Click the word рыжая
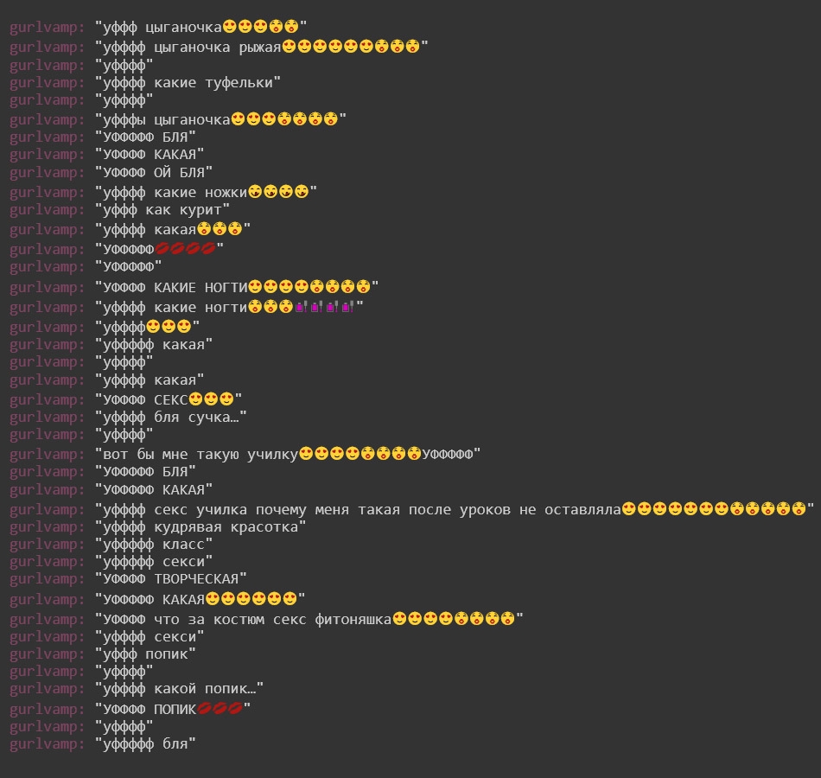click(x=260, y=48)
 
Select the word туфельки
click(x=239, y=83)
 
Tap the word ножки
click(x=226, y=192)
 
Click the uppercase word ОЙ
click(x=162, y=172)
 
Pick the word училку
click(x=273, y=454)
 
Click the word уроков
click(x=485, y=510)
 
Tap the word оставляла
click(x=582, y=510)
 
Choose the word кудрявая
click(x=188, y=527)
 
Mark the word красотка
click(x=264, y=527)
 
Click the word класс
click(x=184, y=545)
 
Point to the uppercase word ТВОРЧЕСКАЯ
click(x=196, y=579)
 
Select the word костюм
click(x=239, y=620)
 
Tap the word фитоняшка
click(x=353, y=620)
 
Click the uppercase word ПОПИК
click(x=175, y=710)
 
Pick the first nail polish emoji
click(x=301, y=307)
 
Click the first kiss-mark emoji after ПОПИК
click(x=205, y=709)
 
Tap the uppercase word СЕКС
click(x=171, y=399)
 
